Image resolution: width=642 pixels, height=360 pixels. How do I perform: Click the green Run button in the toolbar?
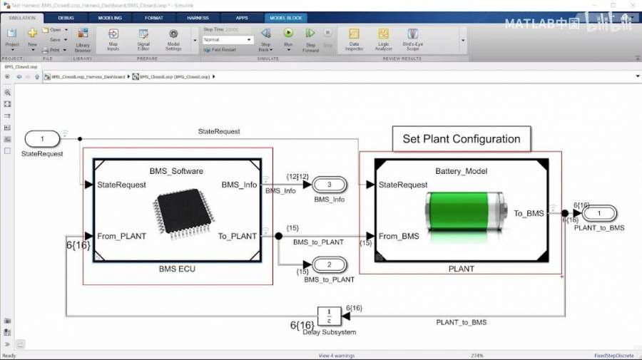pyautogui.click(x=288, y=34)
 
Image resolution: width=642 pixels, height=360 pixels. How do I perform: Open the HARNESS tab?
pyautogui.click(x=198, y=18)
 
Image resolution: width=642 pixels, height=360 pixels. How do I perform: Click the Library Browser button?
pyautogui.click(x=83, y=37)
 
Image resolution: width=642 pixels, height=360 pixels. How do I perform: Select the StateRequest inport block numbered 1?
pyautogui.click(x=43, y=138)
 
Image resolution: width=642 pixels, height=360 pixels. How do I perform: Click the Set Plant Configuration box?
pyautogui.click(x=462, y=139)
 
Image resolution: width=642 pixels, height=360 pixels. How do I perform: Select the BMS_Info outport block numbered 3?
pyautogui.click(x=329, y=185)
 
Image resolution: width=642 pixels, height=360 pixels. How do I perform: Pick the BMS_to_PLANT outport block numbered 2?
pyautogui.click(x=329, y=265)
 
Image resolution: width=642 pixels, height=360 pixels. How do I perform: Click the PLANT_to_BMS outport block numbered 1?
pyautogui.click(x=599, y=213)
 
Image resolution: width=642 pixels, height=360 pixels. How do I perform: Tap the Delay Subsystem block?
pyautogui.click(x=328, y=315)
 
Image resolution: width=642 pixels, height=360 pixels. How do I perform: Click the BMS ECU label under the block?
pyautogui.click(x=177, y=269)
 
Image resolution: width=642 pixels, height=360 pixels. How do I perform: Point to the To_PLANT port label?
pyautogui.click(x=238, y=236)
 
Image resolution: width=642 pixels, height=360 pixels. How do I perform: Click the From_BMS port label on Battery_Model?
pyautogui.click(x=399, y=236)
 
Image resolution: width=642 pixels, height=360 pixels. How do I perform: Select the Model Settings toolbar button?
pyautogui.click(x=173, y=37)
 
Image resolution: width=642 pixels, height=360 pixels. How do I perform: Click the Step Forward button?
pyautogui.click(x=310, y=37)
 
